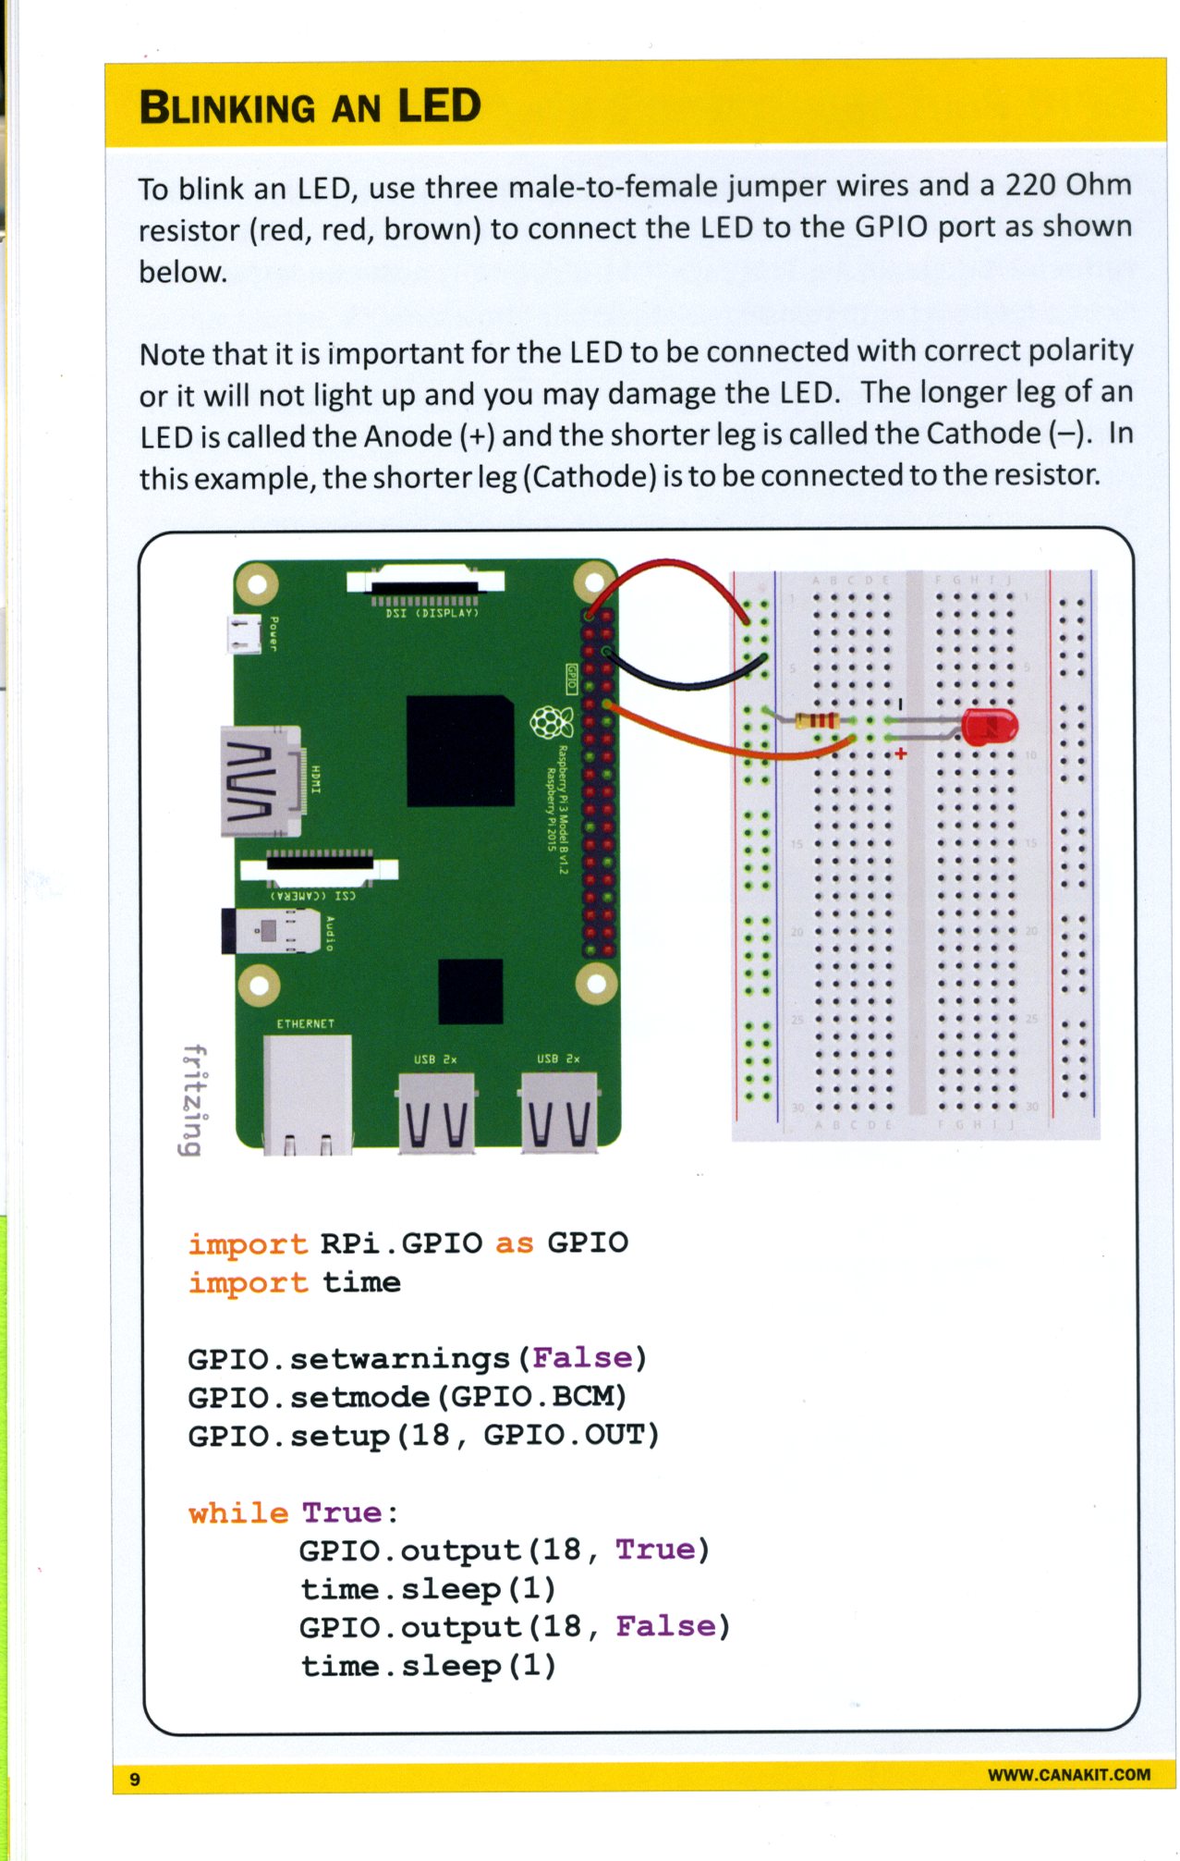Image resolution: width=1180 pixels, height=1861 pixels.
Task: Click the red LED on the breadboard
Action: [x=988, y=727]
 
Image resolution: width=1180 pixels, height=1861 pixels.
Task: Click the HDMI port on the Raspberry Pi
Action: [x=262, y=781]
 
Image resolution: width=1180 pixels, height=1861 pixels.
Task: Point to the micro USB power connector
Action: [x=244, y=634]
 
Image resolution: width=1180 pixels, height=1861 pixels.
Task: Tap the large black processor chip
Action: [x=459, y=751]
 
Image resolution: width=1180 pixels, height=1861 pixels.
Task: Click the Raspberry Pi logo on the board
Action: [x=551, y=721]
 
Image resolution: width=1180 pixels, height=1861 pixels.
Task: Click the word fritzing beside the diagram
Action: [x=192, y=1099]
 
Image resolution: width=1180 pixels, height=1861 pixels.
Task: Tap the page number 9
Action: [x=135, y=1780]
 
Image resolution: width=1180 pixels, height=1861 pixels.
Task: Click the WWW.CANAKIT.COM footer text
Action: [x=1068, y=1774]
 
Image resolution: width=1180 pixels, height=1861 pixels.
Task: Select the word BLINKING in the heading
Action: [x=227, y=108]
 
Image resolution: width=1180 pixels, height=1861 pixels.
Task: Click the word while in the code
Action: [x=238, y=1512]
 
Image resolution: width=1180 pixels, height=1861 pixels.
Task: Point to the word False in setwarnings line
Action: [x=582, y=1357]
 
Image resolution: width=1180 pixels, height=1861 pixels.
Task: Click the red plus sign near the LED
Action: [x=901, y=753]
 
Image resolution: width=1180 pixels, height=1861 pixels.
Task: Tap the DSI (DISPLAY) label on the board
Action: [x=432, y=613]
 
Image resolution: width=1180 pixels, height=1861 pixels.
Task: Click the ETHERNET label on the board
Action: [x=305, y=1023]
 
